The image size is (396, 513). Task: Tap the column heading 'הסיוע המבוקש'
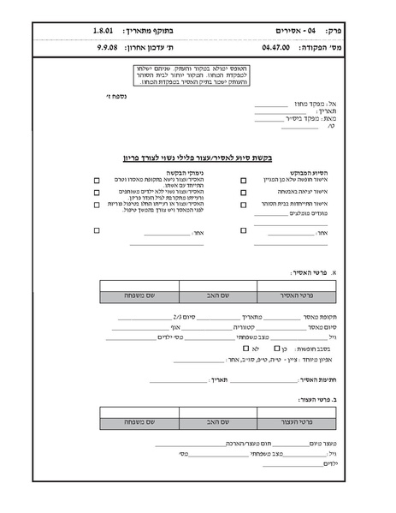pos(303,172)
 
